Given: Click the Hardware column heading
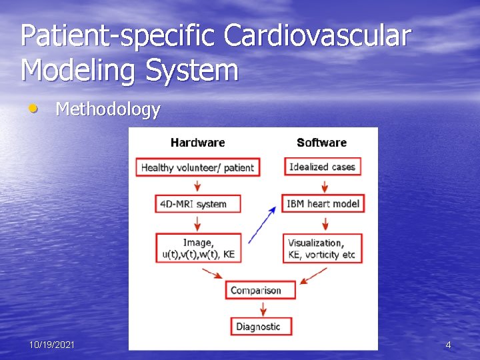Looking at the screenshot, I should click(197, 142).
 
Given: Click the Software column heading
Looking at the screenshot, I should click(321, 142).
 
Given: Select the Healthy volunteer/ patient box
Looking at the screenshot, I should click(197, 167).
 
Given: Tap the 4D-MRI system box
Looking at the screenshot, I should click(197, 203).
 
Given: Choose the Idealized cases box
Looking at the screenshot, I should click(322, 167).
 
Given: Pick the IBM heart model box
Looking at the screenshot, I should click(323, 203).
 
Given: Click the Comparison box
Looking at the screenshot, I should click(255, 290).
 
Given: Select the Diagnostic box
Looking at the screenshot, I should click(258, 326).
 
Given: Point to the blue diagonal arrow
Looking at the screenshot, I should click(262, 225).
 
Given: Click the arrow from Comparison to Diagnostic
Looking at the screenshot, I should click(263, 308).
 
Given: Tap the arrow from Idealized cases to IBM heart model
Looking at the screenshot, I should click(322, 185).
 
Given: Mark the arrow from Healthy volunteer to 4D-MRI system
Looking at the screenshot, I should click(197, 185).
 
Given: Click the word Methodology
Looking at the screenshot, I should click(108, 109).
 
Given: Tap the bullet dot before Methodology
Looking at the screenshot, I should click(33, 108).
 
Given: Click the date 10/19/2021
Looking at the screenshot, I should click(52, 345).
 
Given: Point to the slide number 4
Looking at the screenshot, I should click(448, 345).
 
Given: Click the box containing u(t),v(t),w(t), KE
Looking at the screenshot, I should click(197, 248).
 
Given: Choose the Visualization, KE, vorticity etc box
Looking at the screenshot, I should click(322, 248).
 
